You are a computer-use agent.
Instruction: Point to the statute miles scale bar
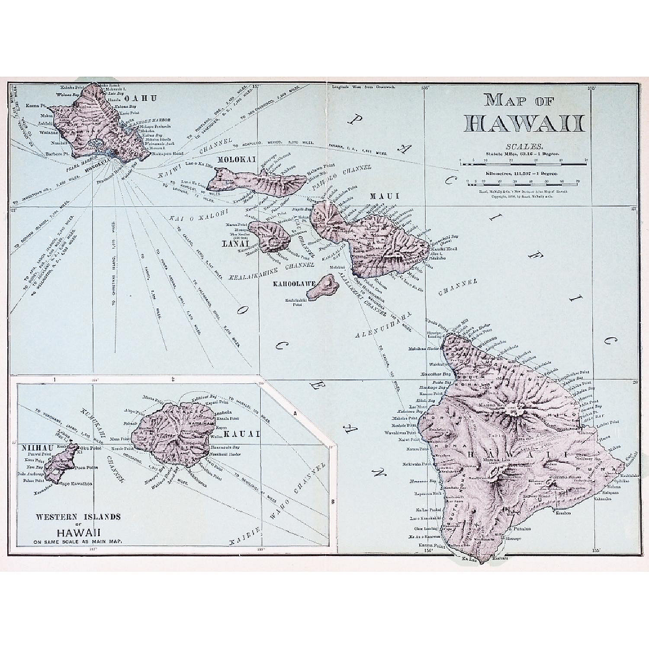pos(524,164)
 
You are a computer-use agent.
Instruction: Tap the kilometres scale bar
pos(524,185)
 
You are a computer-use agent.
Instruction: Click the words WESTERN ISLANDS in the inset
pos(78,517)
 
